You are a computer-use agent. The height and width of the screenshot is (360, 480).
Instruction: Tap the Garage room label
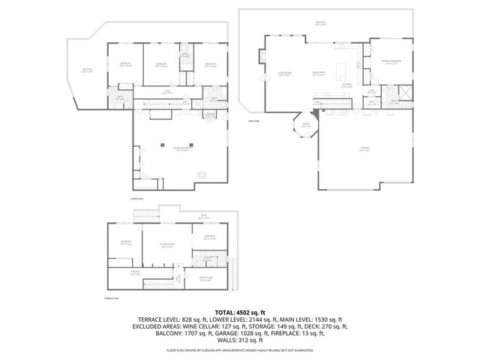point(365,149)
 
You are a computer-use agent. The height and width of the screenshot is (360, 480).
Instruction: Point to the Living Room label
point(283,75)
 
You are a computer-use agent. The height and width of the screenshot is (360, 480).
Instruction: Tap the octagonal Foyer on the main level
point(304,126)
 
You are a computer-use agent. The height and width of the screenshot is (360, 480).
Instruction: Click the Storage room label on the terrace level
point(136,272)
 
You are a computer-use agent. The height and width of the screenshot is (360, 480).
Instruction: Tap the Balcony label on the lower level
point(87,71)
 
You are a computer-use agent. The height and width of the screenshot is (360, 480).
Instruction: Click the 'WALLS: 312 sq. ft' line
point(240,341)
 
